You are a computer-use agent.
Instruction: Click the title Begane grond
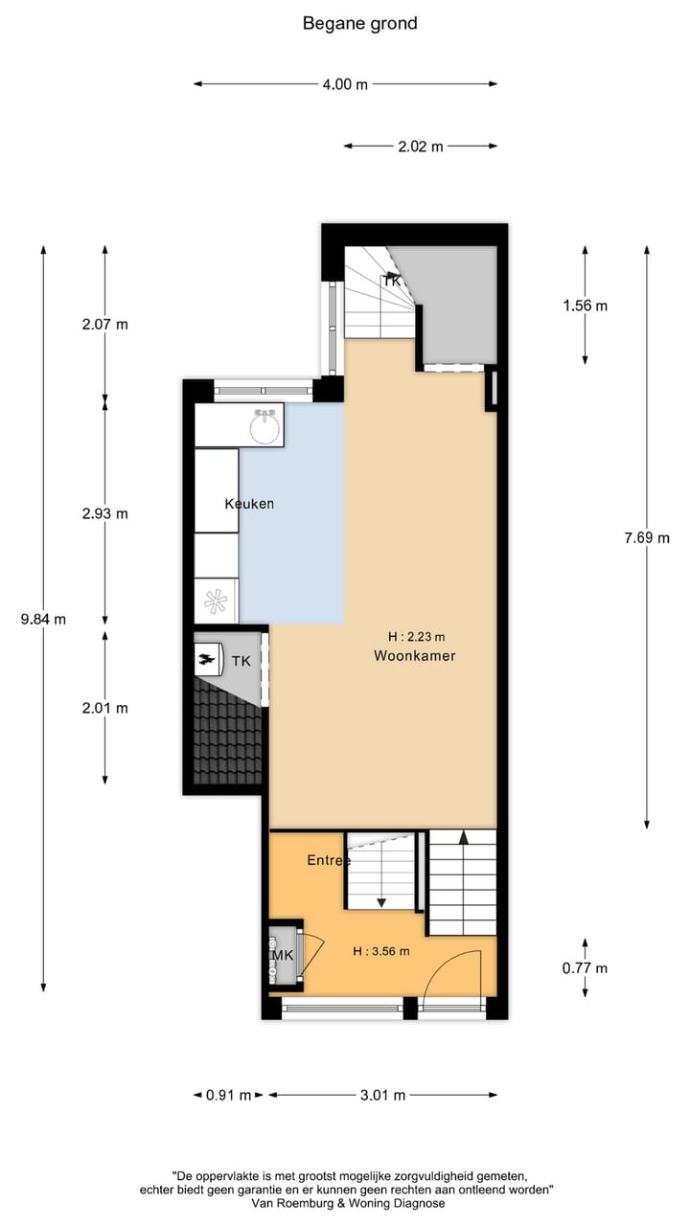point(359,23)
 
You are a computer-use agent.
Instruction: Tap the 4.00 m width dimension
point(345,84)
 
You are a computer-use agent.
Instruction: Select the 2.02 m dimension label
point(421,147)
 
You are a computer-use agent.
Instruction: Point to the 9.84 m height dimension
point(43,619)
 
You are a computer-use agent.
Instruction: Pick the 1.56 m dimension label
point(585,306)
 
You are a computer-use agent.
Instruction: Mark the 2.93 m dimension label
point(105,513)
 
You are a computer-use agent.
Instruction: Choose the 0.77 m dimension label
point(585,967)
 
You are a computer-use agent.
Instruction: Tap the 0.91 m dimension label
point(228,1096)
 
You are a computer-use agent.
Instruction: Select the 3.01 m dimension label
point(382,1096)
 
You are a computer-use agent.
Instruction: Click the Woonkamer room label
point(414,656)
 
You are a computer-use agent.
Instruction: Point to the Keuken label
point(249,504)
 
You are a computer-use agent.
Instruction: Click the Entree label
point(328,860)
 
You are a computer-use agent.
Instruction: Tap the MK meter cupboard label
point(282,956)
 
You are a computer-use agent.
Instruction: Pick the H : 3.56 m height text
point(380,951)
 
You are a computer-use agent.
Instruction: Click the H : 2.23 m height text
point(416,636)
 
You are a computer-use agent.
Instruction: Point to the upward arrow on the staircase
point(463,837)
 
